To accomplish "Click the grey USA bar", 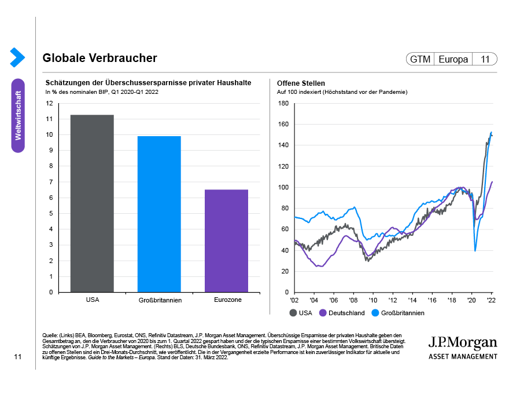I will pyautogui.click(x=92, y=203).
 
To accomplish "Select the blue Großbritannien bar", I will pyautogui.click(x=159, y=214).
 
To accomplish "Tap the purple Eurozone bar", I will pyautogui.click(x=226, y=240).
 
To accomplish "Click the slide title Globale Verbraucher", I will pyautogui.click(x=99, y=59).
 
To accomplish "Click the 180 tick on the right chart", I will pyautogui.click(x=283, y=103).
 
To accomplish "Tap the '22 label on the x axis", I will pyautogui.click(x=490, y=301).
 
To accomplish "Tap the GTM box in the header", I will pyautogui.click(x=421, y=59).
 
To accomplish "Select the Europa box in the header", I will pyautogui.click(x=453, y=59).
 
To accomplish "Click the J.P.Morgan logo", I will pyautogui.click(x=463, y=346).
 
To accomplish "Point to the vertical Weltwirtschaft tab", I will pyautogui.click(x=18, y=115).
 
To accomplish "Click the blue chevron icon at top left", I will pyautogui.click(x=17, y=57).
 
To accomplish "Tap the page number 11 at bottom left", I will pyautogui.click(x=18, y=357).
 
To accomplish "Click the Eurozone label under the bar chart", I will pyautogui.click(x=226, y=300).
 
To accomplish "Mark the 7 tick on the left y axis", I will pyautogui.click(x=50, y=182).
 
